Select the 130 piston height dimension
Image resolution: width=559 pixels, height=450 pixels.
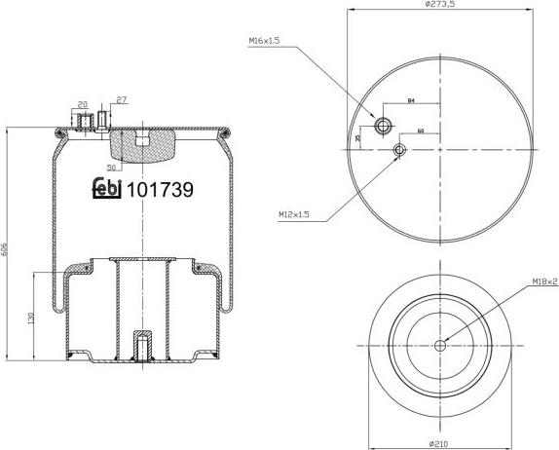[31, 318]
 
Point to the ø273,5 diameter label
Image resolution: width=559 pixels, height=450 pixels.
[440, 5]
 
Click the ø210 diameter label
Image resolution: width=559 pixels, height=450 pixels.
[440, 444]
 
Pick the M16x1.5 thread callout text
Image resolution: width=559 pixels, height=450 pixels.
[263, 40]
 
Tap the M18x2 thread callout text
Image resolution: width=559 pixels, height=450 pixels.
[543, 282]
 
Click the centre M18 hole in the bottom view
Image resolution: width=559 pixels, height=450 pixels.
[440, 344]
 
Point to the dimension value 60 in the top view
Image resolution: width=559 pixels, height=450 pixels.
[420, 130]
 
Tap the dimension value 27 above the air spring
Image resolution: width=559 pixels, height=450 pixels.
[121, 100]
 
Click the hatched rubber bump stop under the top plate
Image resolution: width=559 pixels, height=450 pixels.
[141, 147]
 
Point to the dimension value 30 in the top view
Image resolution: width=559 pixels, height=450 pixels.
[358, 138]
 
